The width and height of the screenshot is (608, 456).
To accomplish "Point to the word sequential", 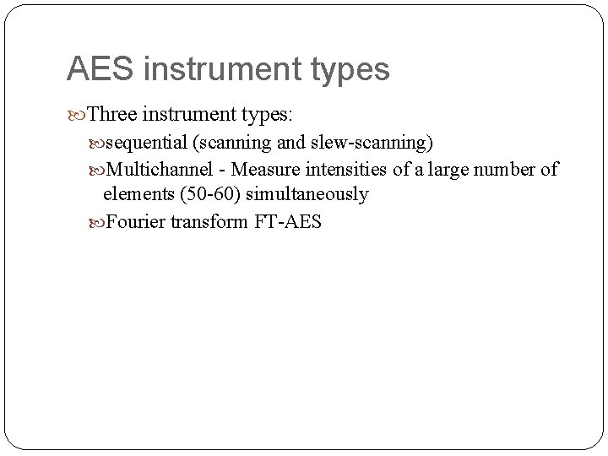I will (x=149, y=141).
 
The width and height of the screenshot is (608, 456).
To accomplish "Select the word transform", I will (x=209, y=223).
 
